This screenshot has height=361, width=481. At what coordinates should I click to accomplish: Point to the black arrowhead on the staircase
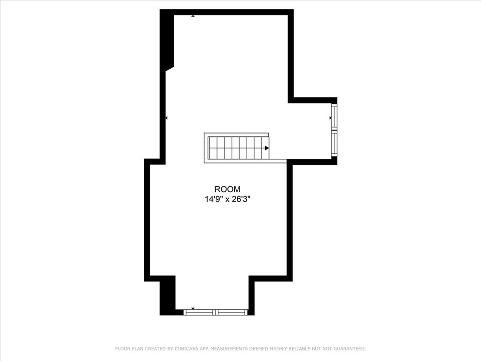pyautogui.click(x=267, y=148)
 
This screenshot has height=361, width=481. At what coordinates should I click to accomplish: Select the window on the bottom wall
pyautogui.click(x=215, y=312)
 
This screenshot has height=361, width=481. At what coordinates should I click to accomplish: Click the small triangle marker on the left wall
pyautogui.click(x=166, y=118)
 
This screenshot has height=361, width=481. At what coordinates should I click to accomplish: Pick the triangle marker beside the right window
pyautogui.click(x=330, y=118)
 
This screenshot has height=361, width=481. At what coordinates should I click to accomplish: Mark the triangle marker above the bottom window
pyautogui.click(x=193, y=308)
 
